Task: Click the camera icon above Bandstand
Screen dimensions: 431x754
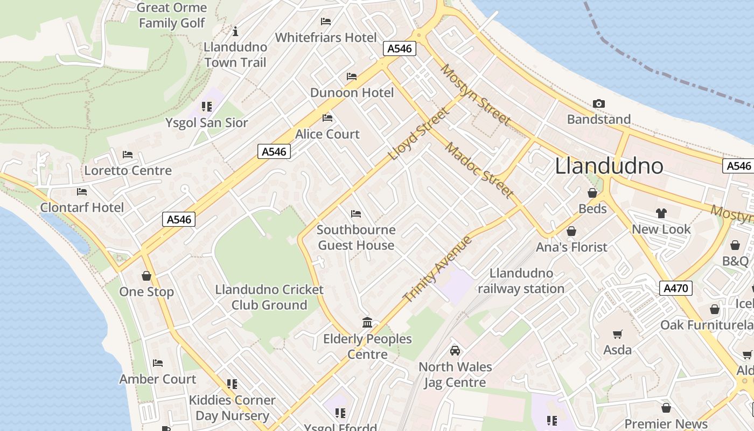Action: [x=598, y=103]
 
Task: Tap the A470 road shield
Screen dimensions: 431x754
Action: [x=675, y=288]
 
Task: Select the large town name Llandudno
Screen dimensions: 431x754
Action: [x=609, y=165]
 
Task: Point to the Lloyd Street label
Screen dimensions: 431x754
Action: [x=418, y=134]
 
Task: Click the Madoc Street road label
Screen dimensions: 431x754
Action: [x=479, y=171]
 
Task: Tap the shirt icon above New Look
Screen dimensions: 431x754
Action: [x=661, y=213]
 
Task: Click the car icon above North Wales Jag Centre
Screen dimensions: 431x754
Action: [x=455, y=351]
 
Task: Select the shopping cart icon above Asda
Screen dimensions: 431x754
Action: [x=617, y=335]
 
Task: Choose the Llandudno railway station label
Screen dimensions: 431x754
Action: [x=521, y=281]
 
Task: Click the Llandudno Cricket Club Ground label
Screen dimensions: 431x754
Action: [x=269, y=297]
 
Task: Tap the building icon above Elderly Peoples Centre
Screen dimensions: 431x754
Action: [x=367, y=323]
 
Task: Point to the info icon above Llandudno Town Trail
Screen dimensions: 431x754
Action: [x=235, y=31]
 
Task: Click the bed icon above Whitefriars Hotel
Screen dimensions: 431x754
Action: [x=326, y=22]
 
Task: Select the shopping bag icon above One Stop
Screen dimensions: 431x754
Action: [x=146, y=276]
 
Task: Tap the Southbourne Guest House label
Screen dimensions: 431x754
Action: [x=356, y=238]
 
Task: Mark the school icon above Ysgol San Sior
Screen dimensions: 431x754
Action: [x=207, y=107]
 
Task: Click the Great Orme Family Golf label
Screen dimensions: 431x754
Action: [x=172, y=15]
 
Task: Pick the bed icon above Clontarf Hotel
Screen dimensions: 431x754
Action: [x=82, y=191]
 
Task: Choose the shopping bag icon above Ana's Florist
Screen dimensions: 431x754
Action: [x=571, y=231]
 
